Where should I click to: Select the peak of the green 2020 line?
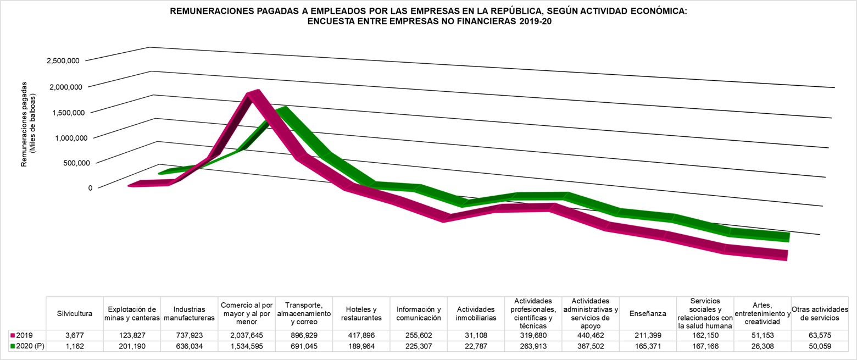click(x=283, y=110)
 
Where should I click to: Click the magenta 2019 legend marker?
click(x=13, y=334)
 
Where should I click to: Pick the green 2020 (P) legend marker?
click(x=13, y=346)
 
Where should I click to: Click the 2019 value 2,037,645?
click(x=247, y=334)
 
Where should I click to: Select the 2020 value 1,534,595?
click(x=247, y=346)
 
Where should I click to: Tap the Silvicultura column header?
click(x=75, y=313)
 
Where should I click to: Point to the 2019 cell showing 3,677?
click(x=75, y=334)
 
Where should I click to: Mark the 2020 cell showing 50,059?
click(x=820, y=346)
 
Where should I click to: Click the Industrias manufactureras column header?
click(x=189, y=313)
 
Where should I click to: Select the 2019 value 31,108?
click(x=476, y=334)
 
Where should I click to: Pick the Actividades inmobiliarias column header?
click(x=476, y=313)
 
